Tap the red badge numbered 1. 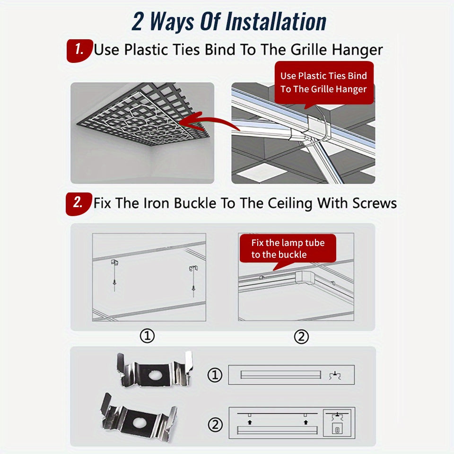79,51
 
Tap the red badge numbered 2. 79,204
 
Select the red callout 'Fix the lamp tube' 288,248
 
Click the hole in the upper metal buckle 156,375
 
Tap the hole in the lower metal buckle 140,423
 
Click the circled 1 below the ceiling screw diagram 147,336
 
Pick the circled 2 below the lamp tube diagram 301,337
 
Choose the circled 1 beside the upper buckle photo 215,375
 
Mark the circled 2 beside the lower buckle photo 216,425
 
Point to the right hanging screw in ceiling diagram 193,281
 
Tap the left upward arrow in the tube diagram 250,422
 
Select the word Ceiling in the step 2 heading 290,203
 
